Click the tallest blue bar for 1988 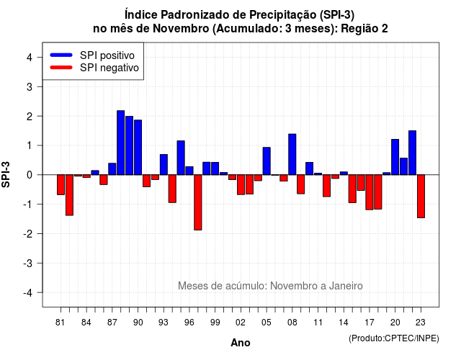[120, 143]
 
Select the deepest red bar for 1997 [198, 202]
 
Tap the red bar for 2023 [421, 196]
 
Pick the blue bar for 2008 [292, 154]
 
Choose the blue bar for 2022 [412, 153]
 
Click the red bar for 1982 [69, 195]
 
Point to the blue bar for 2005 [267, 161]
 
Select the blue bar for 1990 [138, 147]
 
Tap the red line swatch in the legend [61, 68]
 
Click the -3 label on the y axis [28, 263]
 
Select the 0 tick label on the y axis [30, 175]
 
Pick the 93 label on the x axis [164, 323]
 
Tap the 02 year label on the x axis [241, 323]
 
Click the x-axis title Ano [241, 343]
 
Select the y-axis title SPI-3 [6, 175]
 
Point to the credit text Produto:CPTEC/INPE [394, 338]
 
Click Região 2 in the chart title [364, 29]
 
